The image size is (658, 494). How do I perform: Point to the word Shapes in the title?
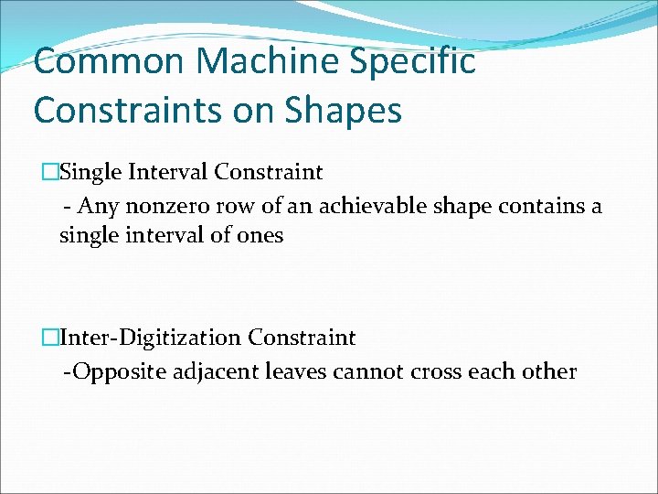point(345,111)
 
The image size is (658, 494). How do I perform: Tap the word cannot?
point(362,371)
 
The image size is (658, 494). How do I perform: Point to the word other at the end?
point(549,371)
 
